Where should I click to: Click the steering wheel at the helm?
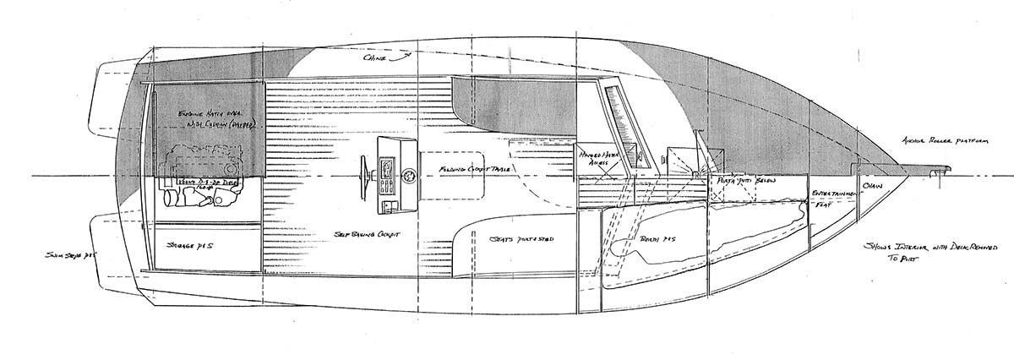[365, 177]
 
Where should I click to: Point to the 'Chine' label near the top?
[374, 58]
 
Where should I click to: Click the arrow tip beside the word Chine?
[408, 56]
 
